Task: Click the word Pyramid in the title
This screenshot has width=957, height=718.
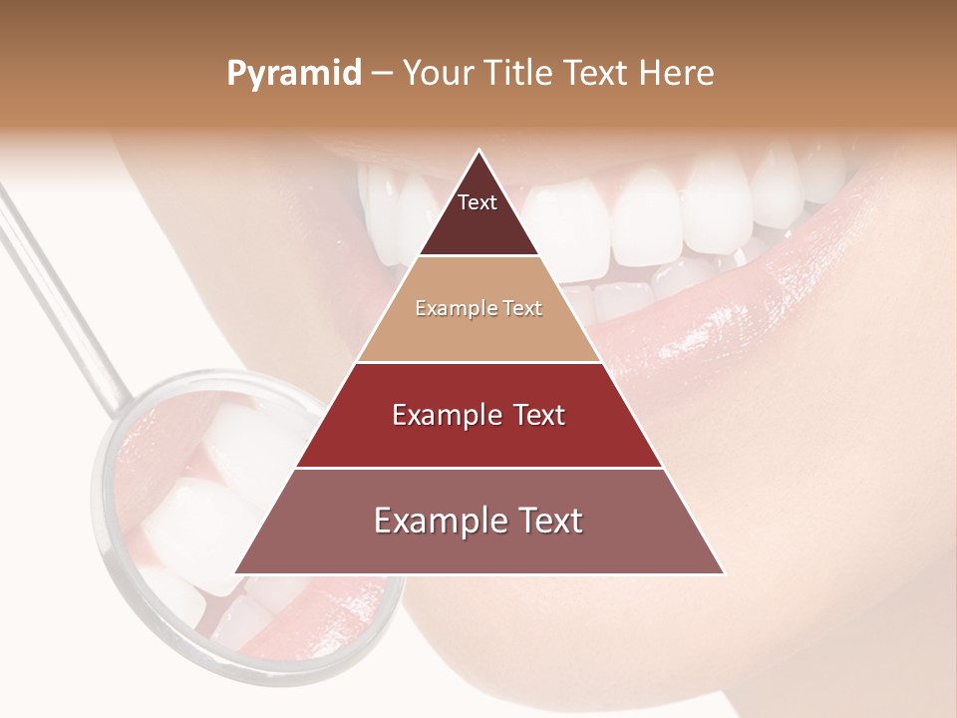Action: (293, 74)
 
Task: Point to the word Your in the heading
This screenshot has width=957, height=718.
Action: (439, 74)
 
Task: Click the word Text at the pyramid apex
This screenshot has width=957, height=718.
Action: (478, 202)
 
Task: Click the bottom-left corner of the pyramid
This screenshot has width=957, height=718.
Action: (236, 573)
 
